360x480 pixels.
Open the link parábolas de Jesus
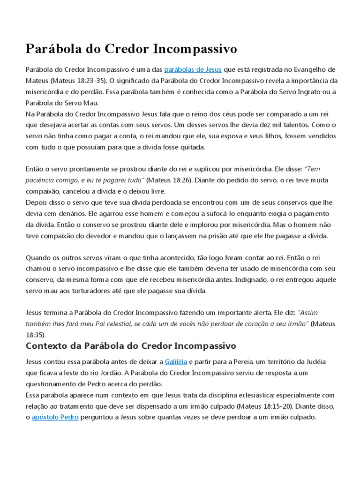click(x=193, y=70)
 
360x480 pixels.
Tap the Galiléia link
click(x=176, y=362)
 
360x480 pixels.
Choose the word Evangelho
click(x=309, y=70)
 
